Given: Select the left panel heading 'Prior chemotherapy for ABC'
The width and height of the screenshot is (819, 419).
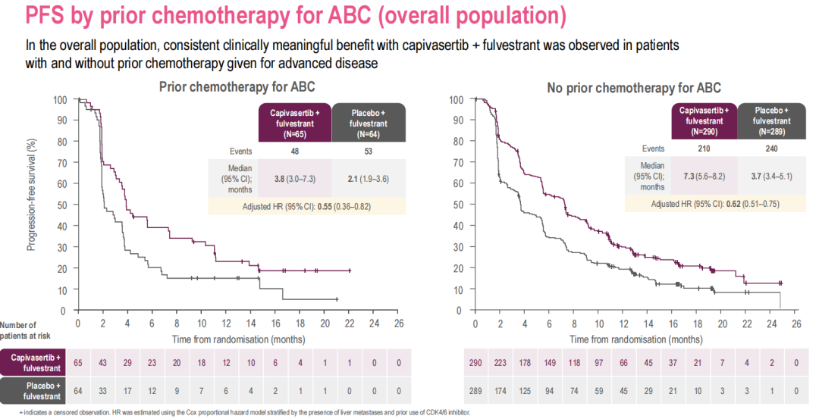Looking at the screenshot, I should click(x=237, y=87).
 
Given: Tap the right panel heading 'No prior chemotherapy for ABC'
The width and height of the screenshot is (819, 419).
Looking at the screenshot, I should click(x=634, y=88).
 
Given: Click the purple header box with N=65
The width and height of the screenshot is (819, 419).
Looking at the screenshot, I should click(x=295, y=123).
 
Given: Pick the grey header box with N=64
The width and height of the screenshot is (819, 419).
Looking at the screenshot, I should click(x=369, y=123).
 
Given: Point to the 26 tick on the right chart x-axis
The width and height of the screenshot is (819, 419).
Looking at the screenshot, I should click(x=795, y=324).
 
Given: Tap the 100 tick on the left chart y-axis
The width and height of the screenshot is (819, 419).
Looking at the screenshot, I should click(x=60, y=100).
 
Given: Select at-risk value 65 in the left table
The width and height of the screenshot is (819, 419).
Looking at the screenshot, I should click(x=78, y=363).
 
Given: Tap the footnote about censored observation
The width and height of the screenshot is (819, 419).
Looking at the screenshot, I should click(x=236, y=413).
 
